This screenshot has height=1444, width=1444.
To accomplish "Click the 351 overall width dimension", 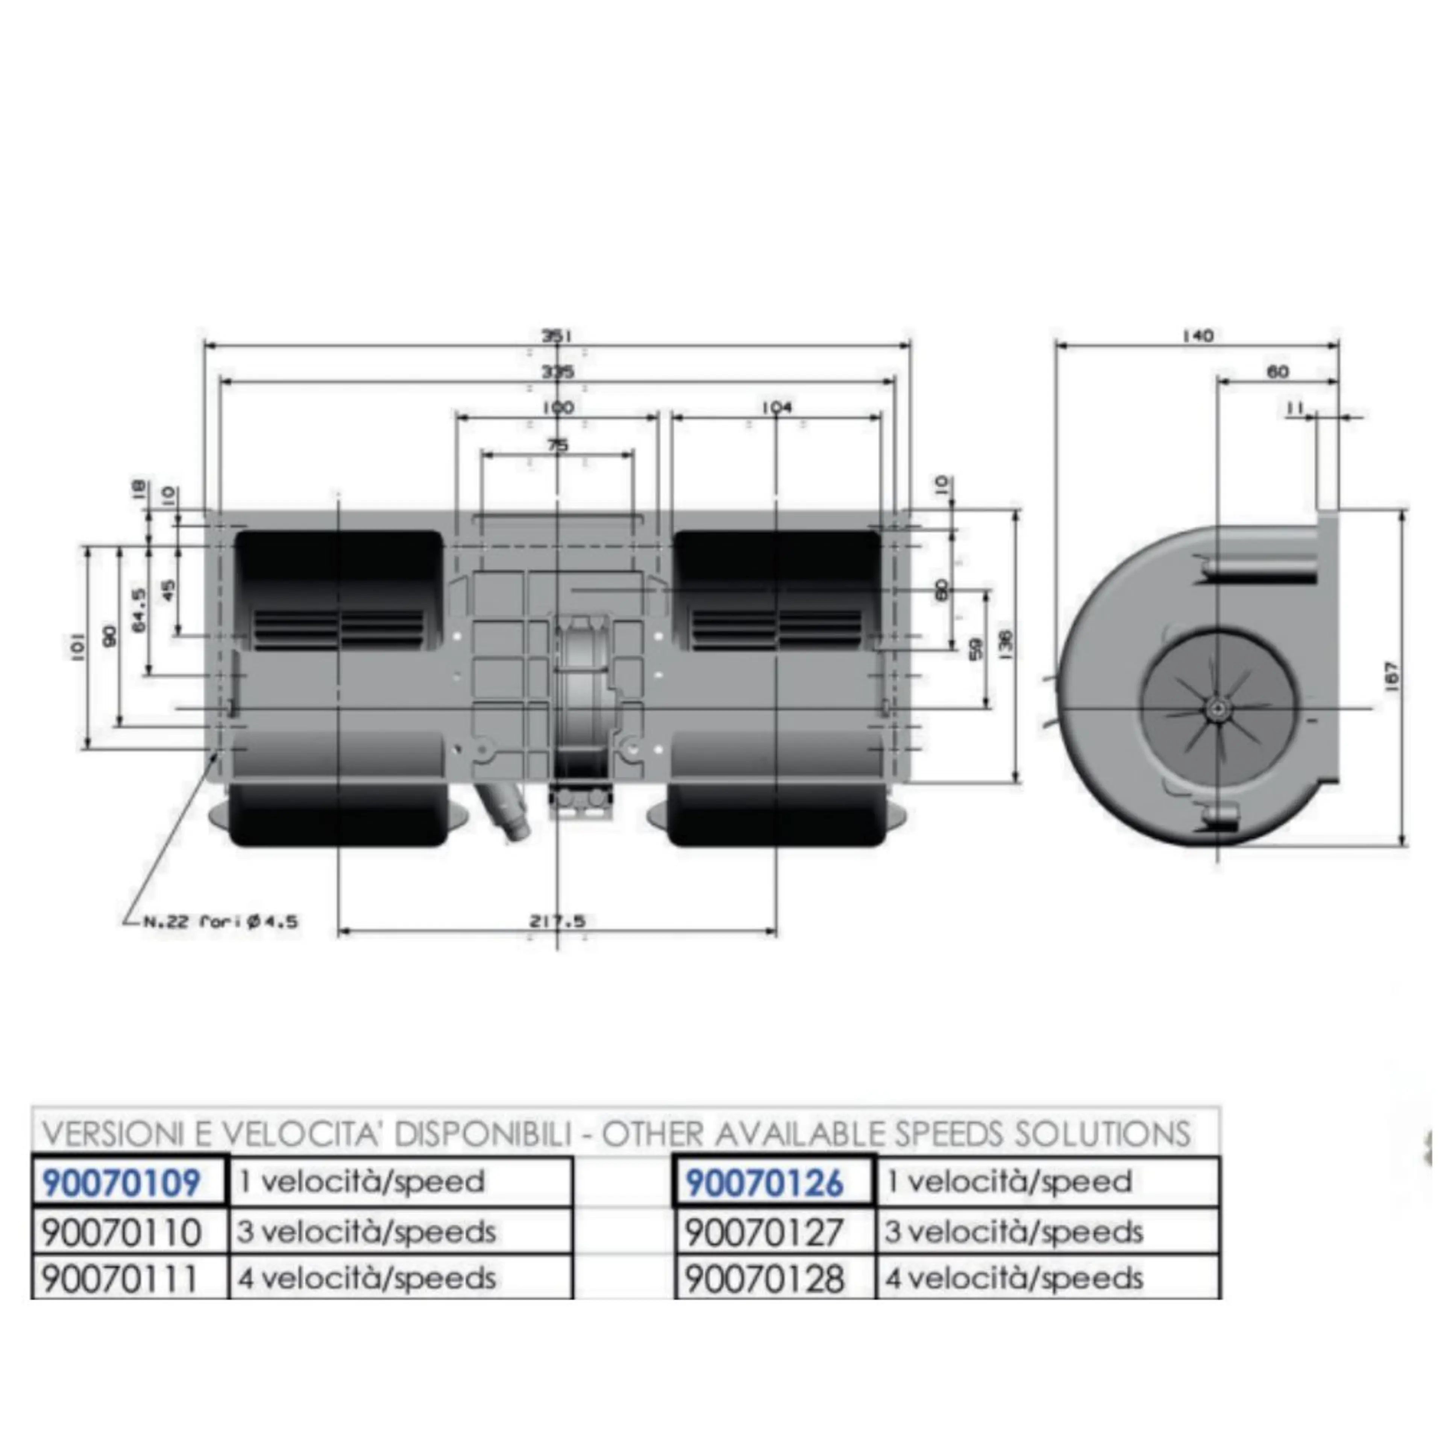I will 558,336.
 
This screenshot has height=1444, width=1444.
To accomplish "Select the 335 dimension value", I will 558,372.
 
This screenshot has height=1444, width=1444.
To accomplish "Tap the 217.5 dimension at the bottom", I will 558,922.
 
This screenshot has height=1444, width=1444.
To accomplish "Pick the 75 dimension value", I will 558,446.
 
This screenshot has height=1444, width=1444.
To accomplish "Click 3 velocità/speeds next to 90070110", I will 366,1232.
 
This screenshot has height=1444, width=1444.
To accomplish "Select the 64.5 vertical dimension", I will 139,609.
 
